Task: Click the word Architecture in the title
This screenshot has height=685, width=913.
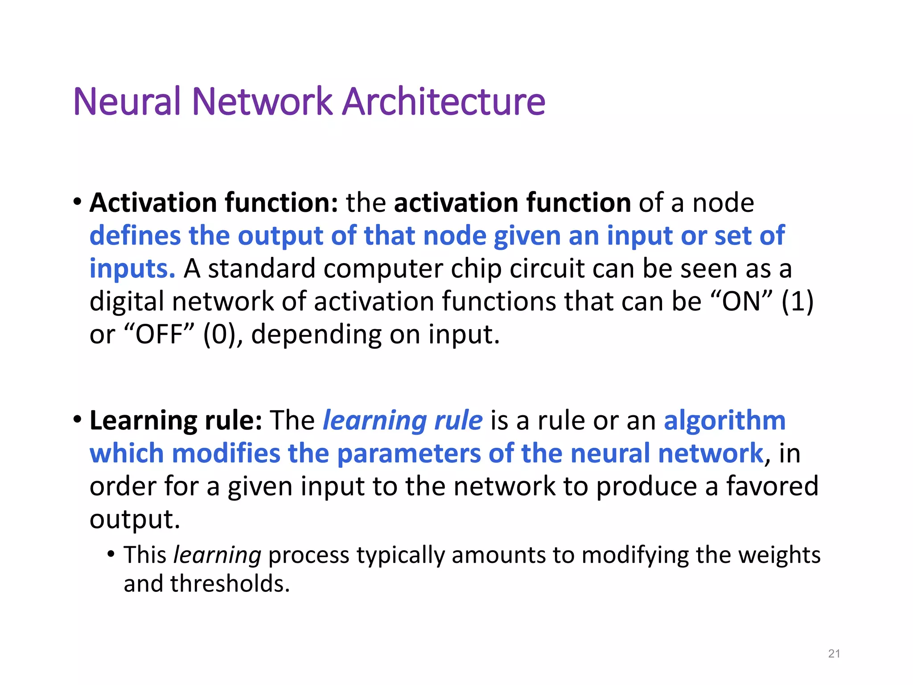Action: [444, 102]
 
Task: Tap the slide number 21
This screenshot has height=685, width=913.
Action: [834, 654]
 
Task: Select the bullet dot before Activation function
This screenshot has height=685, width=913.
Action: [78, 202]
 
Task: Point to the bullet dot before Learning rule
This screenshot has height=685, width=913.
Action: [78, 420]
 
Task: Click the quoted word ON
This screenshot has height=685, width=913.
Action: [740, 301]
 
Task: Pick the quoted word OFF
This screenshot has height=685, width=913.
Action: [159, 334]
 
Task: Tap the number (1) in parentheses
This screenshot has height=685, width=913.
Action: [798, 301]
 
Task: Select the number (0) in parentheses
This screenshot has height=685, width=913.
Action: [219, 334]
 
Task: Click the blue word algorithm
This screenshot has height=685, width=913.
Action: [724, 420]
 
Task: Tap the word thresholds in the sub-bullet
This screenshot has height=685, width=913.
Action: [230, 583]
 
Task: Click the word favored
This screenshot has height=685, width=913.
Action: [772, 486]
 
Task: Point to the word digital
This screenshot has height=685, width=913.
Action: [127, 301]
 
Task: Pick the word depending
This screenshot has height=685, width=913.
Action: [316, 334]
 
